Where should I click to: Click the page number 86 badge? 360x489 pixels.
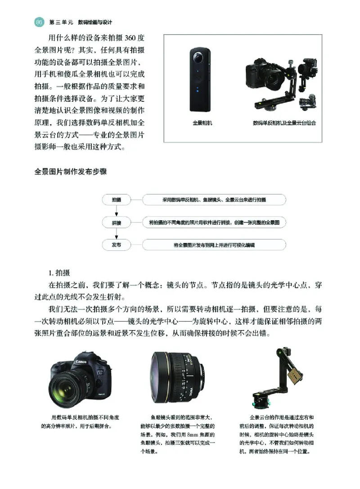coord(39,22)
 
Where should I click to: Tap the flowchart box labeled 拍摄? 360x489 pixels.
coord(116,199)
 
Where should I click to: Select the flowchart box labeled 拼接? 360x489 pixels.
coord(116,222)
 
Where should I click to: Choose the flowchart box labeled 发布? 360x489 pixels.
coord(116,245)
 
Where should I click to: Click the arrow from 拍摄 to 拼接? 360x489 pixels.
coord(116,211)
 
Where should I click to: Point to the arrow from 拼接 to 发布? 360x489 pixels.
coord(116,234)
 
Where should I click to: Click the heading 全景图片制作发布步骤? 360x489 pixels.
coord(71,172)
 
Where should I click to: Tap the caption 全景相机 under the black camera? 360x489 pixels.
coord(202,122)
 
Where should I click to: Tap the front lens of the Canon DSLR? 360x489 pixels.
coord(67,388)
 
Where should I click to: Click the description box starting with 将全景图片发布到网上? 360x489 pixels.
coord(214,245)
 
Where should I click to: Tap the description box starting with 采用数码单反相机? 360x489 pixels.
coord(214,199)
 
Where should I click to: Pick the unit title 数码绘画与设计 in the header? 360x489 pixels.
coord(94,22)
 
